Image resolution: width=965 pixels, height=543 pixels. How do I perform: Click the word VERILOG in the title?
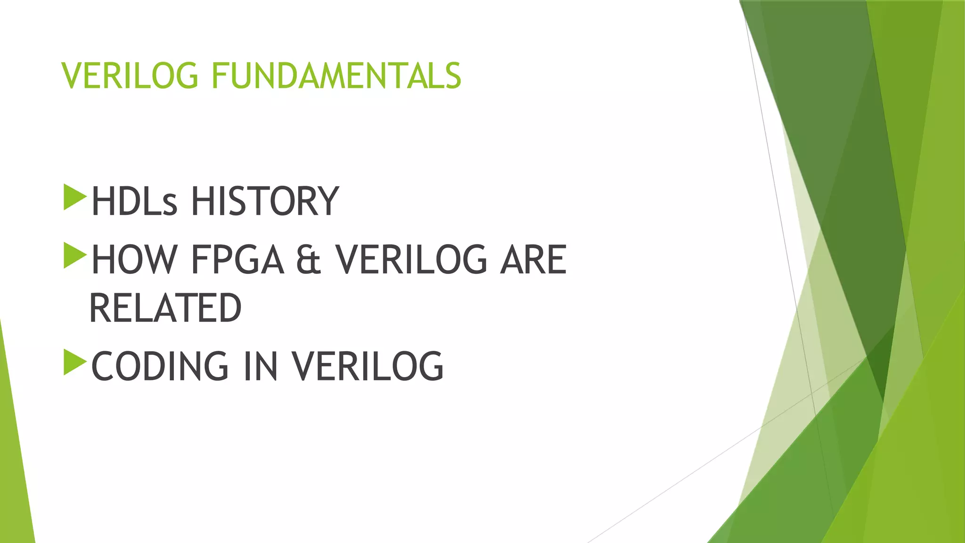click(130, 76)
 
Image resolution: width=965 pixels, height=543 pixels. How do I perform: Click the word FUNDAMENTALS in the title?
click(336, 76)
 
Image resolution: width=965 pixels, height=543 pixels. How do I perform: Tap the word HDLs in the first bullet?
click(134, 201)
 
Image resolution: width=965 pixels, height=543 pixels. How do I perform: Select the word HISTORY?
click(264, 201)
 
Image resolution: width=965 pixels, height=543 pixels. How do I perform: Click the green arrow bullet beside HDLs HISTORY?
click(74, 197)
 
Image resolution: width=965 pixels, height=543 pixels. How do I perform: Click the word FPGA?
click(237, 260)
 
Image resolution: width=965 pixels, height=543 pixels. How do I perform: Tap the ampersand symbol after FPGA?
click(309, 261)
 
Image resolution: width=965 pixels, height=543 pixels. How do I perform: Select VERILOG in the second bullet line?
click(410, 260)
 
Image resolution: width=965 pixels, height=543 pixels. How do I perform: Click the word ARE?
click(533, 260)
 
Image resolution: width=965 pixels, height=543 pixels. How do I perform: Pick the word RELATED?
click(165, 308)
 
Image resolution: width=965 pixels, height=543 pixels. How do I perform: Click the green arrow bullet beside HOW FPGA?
click(74, 255)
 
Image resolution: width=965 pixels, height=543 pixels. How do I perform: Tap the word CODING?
click(160, 366)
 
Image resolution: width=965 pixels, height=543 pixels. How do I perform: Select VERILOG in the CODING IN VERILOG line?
click(368, 366)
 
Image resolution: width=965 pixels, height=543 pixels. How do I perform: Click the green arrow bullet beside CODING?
click(74, 362)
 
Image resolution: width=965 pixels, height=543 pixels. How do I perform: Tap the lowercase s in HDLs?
click(170, 205)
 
